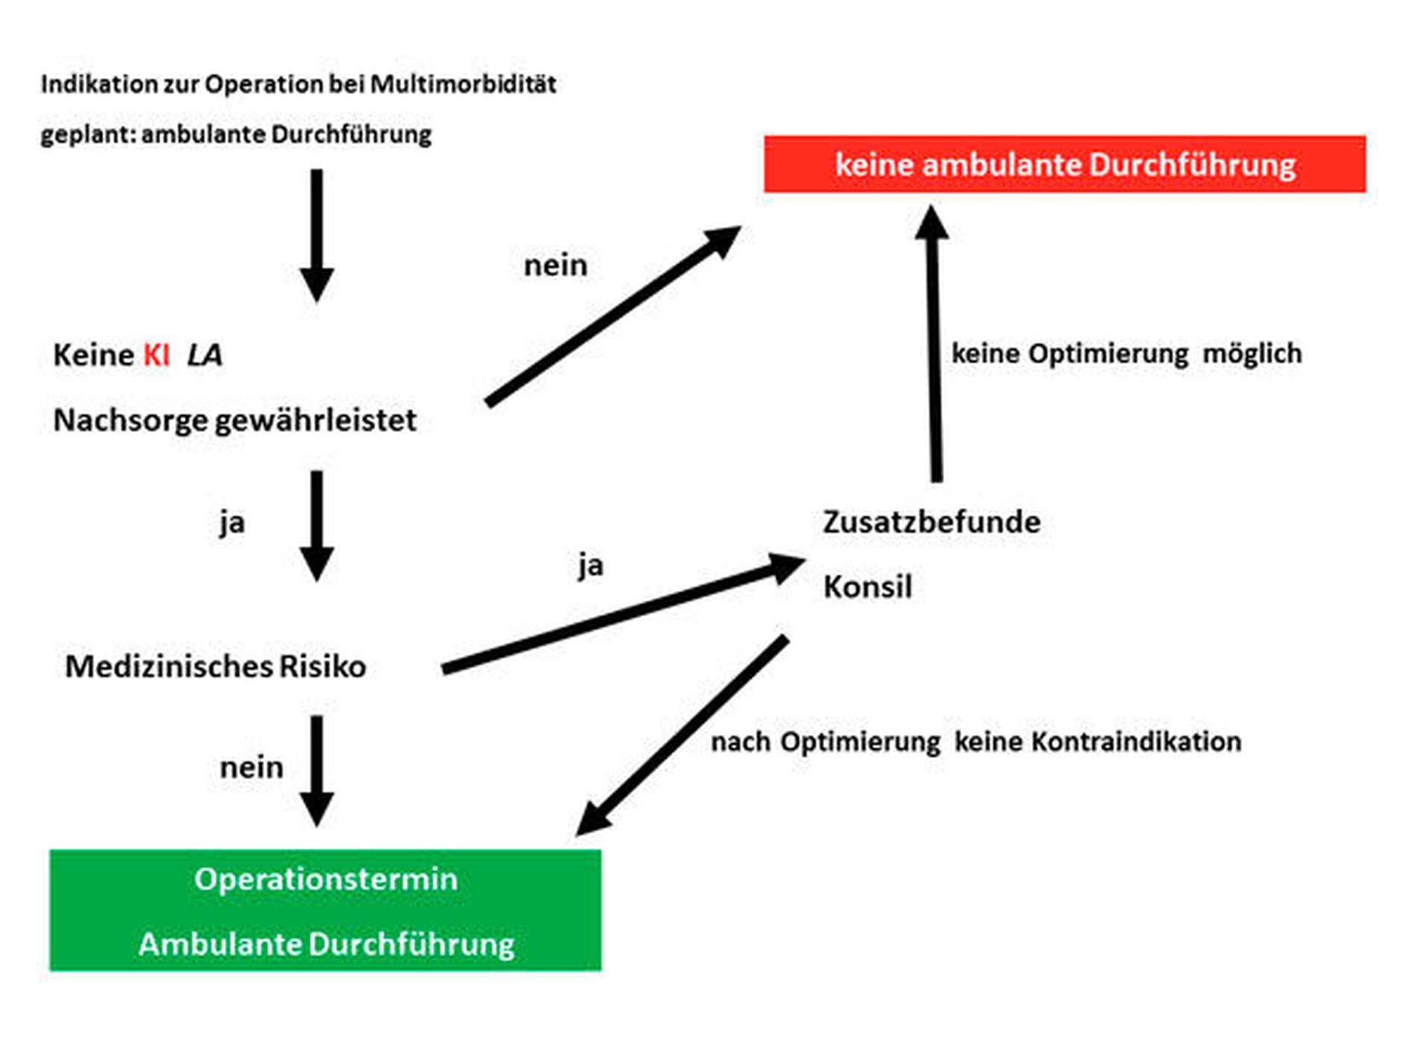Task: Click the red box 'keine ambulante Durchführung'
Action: [x=1064, y=164]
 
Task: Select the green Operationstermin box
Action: [x=325, y=910]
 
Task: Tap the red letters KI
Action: [x=157, y=355]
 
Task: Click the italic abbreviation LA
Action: [x=204, y=355]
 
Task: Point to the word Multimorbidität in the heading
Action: [x=463, y=84]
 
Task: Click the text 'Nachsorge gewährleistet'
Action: [x=235, y=421]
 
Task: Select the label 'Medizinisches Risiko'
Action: [x=216, y=666]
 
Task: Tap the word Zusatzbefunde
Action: [x=931, y=522]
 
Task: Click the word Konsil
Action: [x=867, y=587]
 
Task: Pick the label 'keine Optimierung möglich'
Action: [x=1126, y=354]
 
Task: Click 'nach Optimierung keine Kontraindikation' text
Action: [x=976, y=742]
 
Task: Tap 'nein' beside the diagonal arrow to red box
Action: [x=556, y=266]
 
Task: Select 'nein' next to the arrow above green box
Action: [x=251, y=768]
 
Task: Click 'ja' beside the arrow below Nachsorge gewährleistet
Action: [x=232, y=523]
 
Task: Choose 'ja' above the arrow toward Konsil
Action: [x=591, y=565]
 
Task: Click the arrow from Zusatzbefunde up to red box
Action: [x=934, y=343]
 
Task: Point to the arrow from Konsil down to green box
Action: [x=682, y=735]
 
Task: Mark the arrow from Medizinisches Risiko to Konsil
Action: [x=623, y=613]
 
